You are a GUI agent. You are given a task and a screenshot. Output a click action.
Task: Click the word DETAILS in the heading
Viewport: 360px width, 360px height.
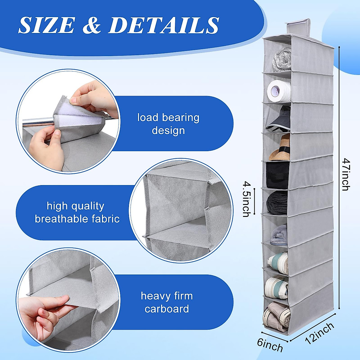click(x=163, y=25)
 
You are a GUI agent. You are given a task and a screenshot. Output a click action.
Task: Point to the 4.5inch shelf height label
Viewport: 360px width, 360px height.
click(x=246, y=199)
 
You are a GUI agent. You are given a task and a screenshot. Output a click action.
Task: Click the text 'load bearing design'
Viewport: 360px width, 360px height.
click(x=168, y=124)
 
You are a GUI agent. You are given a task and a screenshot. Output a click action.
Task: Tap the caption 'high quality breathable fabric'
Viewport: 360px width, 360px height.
click(x=77, y=212)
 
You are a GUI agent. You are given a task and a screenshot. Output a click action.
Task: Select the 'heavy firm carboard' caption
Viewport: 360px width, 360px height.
click(x=167, y=302)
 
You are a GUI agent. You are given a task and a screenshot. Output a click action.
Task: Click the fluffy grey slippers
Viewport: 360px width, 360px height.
click(x=279, y=235)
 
